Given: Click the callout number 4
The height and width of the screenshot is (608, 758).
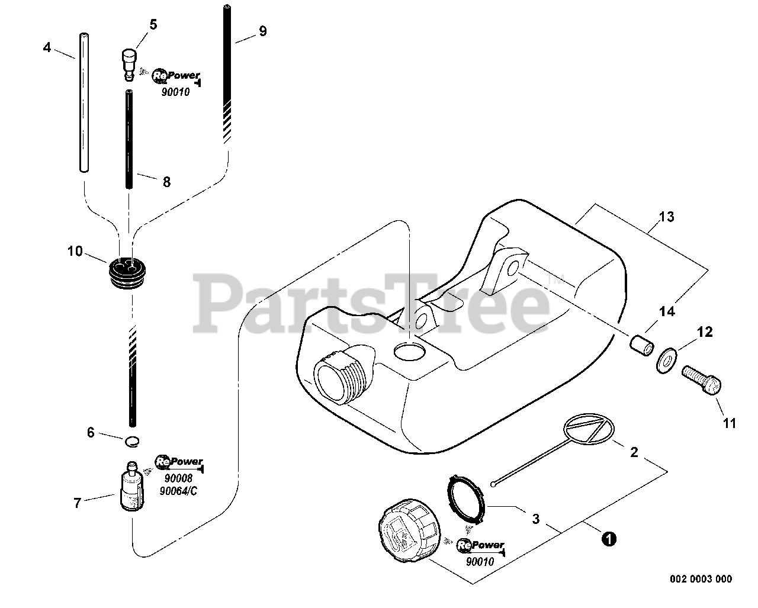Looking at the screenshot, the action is pyautogui.click(x=47, y=47).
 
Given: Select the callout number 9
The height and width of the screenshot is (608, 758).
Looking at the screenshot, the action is pyautogui.click(x=262, y=31).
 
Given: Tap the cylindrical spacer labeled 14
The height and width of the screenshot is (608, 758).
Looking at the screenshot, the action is pyautogui.click(x=641, y=344).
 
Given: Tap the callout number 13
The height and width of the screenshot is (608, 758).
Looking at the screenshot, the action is pyautogui.click(x=666, y=217).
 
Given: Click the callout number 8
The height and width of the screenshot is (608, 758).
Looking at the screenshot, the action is pyautogui.click(x=166, y=182).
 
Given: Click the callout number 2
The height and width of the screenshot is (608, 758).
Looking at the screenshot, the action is pyautogui.click(x=634, y=452).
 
